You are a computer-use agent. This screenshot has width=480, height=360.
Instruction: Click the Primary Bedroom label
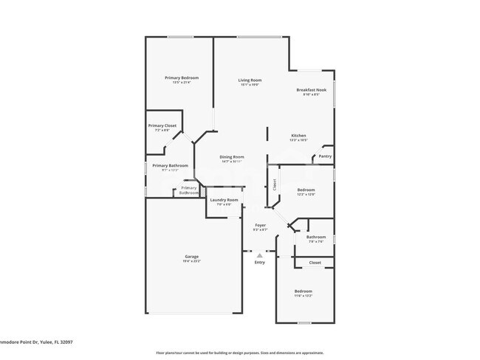[x=182, y=77]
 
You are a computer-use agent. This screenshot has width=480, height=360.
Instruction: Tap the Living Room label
[x=250, y=80]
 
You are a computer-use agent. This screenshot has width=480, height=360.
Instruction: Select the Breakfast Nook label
[x=311, y=90]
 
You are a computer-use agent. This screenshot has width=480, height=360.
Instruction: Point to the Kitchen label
[x=298, y=136]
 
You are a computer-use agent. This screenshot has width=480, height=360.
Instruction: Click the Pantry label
[x=325, y=156]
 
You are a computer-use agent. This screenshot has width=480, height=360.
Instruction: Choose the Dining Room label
[x=232, y=156]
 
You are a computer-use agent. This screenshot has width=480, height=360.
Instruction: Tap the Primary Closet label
[x=162, y=125]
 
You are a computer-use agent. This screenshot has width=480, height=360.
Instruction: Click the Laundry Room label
[x=224, y=200]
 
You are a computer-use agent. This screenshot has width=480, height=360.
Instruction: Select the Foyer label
[x=260, y=224]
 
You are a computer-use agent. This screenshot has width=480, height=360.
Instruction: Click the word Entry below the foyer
[x=259, y=263]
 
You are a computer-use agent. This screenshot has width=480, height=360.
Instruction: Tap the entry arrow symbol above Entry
[x=259, y=255]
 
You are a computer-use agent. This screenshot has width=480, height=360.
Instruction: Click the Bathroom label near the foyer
[x=316, y=237]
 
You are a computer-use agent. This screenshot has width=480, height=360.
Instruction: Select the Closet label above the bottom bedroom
[x=315, y=262]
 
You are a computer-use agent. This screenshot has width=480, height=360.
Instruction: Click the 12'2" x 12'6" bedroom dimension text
[x=306, y=194]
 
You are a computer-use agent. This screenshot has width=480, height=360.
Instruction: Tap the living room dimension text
[x=250, y=85]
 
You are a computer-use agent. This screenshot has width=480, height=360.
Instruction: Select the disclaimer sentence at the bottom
[x=239, y=353]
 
